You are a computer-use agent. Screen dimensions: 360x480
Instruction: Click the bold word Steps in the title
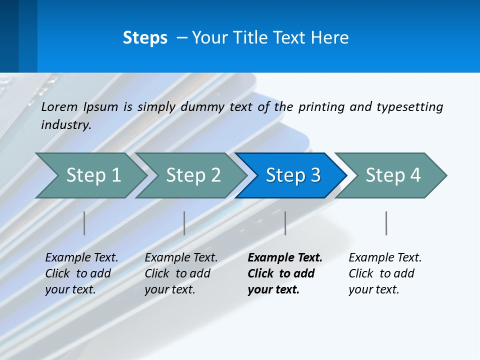[x=145, y=38]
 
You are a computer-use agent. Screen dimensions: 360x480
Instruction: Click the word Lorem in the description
[x=59, y=106]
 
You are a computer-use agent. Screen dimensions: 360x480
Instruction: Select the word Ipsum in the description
[x=101, y=106]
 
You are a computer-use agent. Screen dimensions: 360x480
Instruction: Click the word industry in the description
[x=65, y=124]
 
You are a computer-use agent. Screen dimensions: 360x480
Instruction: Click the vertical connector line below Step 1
[x=84, y=223]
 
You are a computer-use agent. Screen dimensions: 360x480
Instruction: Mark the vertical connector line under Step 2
[x=184, y=223]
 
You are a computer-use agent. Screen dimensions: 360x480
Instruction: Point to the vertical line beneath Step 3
[x=285, y=223]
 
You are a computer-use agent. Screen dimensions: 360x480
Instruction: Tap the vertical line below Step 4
[x=386, y=223]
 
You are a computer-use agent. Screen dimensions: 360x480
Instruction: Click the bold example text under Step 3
[x=283, y=273]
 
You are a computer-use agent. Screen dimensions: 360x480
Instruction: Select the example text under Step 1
[x=80, y=273]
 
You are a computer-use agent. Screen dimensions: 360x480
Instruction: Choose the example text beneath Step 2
[x=179, y=273]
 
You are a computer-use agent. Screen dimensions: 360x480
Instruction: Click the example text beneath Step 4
[x=383, y=273]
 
